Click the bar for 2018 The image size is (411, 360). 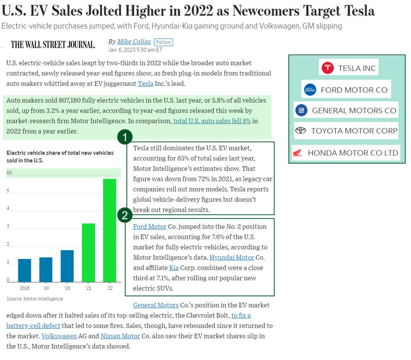pos(24,270)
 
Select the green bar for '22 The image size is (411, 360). pos(110,230)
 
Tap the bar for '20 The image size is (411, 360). pos(67,266)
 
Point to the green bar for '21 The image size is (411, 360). pos(88,253)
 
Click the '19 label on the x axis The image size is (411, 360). pos(46,288)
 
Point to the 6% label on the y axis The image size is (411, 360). pos(9,173)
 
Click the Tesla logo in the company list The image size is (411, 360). pos(327,68)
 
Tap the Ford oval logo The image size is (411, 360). pos(310,89)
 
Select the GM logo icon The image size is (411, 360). pos(301,110)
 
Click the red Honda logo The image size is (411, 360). pos(297,153)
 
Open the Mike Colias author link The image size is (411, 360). pos(134,42)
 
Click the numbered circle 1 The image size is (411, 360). pos(125,138)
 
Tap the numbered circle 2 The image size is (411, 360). pos(125,215)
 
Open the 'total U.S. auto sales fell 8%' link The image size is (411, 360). pos(212,121)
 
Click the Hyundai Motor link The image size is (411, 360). pos(232,257)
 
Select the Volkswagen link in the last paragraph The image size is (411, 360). pos(59,336)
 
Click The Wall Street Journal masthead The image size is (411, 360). pos(53,44)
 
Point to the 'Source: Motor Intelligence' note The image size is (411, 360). pos(35,299)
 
